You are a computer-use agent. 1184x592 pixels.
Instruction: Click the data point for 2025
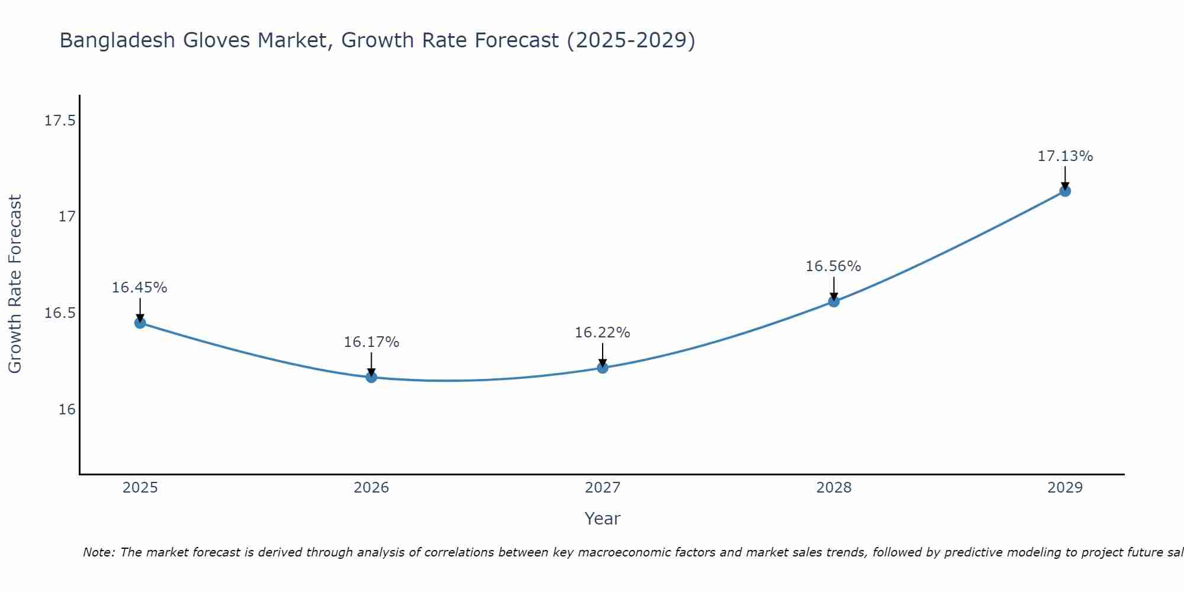(x=140, y=323)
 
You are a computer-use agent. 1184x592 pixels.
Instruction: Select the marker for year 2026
(x=371, y=377)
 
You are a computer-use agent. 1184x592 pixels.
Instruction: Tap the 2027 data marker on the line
(x=603, y=368)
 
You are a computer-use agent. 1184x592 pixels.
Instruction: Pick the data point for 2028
(x=834, y=301)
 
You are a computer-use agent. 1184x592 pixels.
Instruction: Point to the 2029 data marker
(x=1065, y=191)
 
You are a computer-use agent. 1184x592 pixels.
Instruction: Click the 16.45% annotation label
(x=140, y=288)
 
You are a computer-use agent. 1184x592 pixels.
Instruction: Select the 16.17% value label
(x=371, y=342)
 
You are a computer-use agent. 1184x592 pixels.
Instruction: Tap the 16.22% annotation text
(x=602, y=333)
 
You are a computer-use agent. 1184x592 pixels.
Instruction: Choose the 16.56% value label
(x=833, y=266)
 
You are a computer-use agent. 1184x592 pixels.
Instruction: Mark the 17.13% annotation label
(x=1065, y=156)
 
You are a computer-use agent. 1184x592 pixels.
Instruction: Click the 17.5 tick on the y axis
(x=60, y=121)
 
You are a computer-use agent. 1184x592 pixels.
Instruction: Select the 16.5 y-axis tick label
(x=60, y=313)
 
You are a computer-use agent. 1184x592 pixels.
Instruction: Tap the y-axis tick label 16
(x=67, y=409)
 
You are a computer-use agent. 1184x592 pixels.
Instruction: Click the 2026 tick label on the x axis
(x=371, y=488)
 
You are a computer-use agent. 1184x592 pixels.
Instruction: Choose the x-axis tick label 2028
(x=834, y=488)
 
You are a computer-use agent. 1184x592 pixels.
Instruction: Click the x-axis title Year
(x=602, y=519)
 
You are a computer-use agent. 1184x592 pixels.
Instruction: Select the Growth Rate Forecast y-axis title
(x=15, y=284)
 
